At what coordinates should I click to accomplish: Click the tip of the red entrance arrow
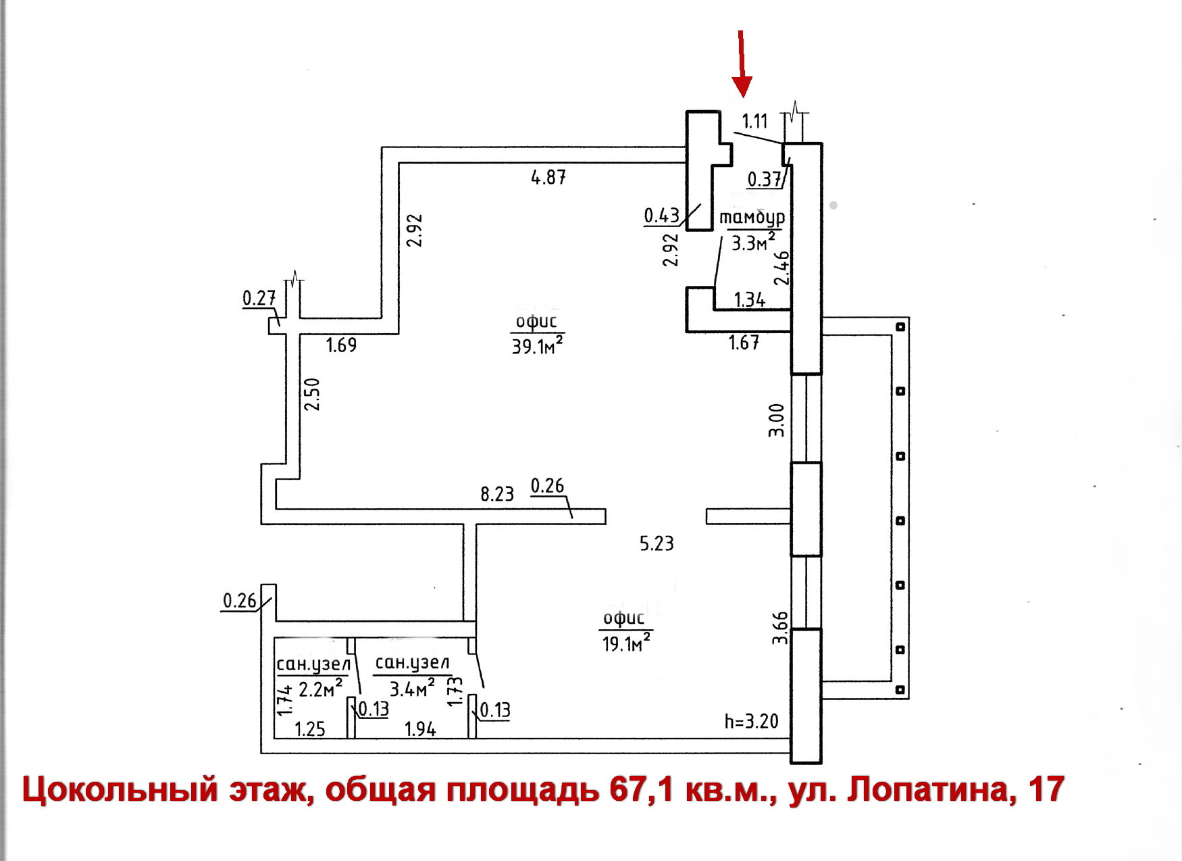pos(743,97)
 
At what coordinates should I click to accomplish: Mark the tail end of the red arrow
pos(741,30)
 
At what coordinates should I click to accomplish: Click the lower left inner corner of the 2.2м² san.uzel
pos(275,737)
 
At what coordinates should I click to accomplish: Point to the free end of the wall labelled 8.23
pos(605,516)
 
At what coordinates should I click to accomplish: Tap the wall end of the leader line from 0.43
pos(700,204)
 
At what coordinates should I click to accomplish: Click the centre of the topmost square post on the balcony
pos(900,327)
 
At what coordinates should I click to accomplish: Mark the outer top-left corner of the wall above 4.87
pos(382,147)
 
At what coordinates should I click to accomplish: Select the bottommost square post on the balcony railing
pos(900,690)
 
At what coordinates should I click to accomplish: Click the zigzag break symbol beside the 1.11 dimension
pos(795,109)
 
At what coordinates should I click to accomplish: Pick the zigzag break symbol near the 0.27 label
pos(294,276)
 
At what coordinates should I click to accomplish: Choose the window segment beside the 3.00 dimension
pos(806,418)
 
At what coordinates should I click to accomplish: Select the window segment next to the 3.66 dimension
pos(806,593)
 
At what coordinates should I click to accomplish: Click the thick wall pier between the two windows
pos(806,510)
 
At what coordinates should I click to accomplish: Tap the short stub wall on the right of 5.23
pos(749,516)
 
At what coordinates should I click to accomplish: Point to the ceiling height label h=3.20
pos(751,722)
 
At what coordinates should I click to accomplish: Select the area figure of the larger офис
pos(538,346)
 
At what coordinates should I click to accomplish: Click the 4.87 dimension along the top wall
pos(548,178)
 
